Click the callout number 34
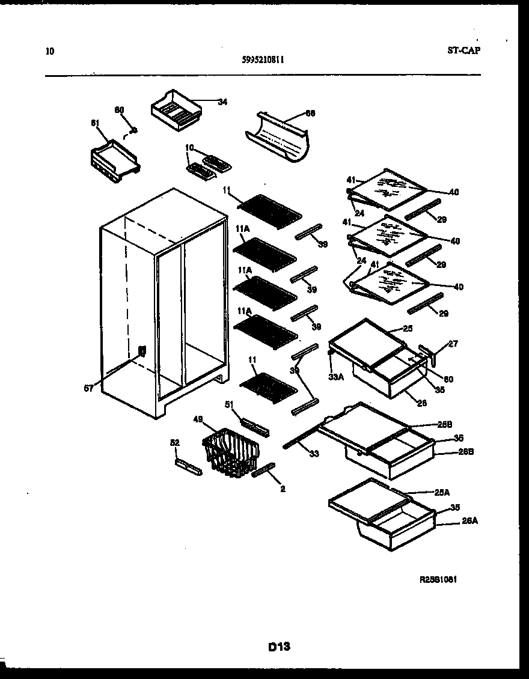[x=222, y=102]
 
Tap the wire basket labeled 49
[x=231, y=452]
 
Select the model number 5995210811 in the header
[x=264, y=59]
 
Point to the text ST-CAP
[x=463, y=50]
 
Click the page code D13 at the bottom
[x=279, y=647]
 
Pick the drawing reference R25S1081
[x=442, y=580]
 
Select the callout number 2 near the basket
[x=283, y=489]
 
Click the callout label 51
[x=230, y=404]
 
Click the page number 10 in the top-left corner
[x=49, y=51]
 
